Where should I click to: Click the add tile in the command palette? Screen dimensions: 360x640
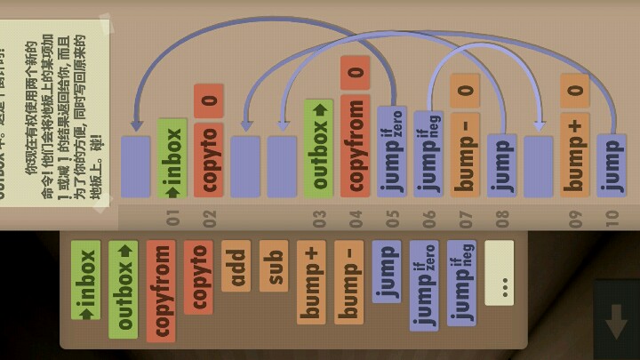pos(236,266)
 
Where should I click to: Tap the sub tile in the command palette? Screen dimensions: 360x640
pos(274,266)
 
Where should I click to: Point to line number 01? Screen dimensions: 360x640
pos(172,216)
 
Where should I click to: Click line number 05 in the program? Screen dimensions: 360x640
pos(392,216)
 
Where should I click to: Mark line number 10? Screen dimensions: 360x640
pos(611,216)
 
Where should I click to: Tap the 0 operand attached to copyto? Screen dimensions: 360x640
pos(209,100)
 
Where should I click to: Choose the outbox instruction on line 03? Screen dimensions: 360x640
pos(318,148)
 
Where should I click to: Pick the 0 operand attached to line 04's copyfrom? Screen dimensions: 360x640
pos(355,72)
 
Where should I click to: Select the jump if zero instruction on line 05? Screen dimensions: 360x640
pos(392,151)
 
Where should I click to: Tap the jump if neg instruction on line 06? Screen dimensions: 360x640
pos(428,151)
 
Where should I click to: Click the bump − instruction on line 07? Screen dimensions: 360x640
pos(465,153)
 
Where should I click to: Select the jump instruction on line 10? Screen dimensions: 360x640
pos(611,164)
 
